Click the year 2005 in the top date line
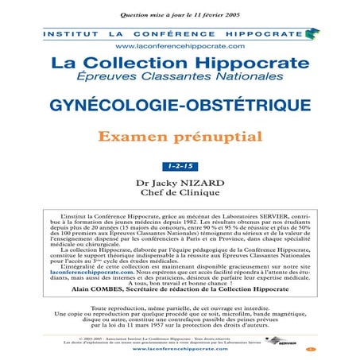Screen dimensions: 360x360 tap(234, 16)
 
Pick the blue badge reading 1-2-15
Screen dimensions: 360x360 tap(180, 166)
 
